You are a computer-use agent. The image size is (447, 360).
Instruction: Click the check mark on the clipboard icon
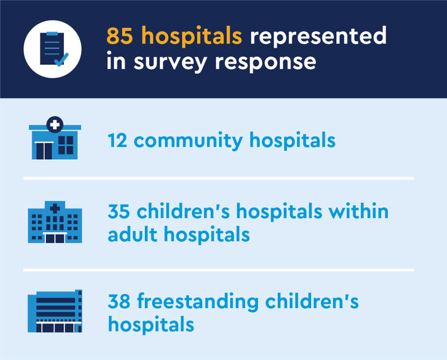tap(61, 59)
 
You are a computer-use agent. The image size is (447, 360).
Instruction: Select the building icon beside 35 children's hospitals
tap(55, 222)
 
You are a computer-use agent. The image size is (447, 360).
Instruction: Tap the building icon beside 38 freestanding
tap(55, 311)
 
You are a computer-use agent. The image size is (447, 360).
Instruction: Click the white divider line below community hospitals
tap(218, 178)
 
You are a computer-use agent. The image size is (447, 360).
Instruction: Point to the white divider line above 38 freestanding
tap(218, 270)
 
